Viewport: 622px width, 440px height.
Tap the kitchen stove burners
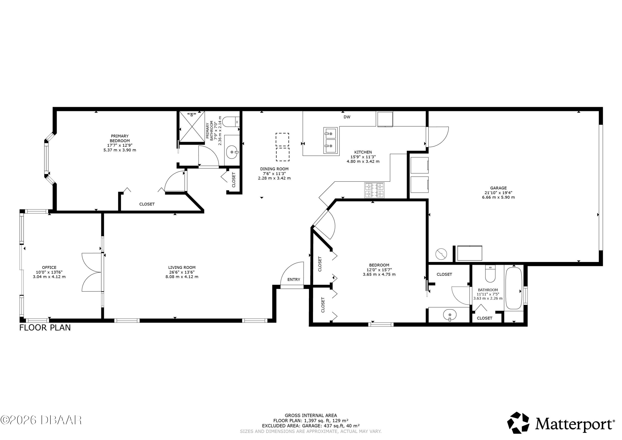(374, 190)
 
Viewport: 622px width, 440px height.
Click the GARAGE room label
(498, 188)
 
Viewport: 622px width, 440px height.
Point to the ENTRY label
(294, 279)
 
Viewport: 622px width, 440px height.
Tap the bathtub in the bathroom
(514, 288)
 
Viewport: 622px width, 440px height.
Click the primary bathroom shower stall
(192, 127)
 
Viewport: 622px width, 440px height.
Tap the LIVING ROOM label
(182, 268)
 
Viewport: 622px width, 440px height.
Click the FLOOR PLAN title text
(45, 328)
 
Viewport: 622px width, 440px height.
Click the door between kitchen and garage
(437, 137)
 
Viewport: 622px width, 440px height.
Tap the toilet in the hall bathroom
(490, 274)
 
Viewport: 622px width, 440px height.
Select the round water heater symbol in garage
(441, 254)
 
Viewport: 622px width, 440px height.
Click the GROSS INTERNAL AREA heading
(311, 415)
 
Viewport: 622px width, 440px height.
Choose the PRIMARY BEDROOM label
(120, 138)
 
